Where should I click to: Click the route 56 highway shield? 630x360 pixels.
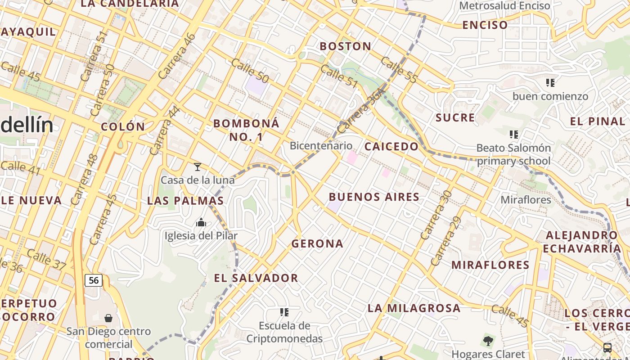click(94, 280)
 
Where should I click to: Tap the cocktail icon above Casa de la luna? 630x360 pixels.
click(198, 167)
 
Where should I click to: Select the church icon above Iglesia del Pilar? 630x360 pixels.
click(201, 222)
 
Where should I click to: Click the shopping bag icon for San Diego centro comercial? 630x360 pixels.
click(108, 318)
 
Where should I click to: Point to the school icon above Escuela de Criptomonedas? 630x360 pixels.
click(284, 312)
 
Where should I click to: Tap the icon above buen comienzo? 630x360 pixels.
click(550, 83)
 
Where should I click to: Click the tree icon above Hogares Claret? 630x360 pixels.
click(488, 341)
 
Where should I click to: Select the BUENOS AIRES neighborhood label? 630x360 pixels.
click(374, 197)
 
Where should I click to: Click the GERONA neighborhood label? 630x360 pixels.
click(317, 243)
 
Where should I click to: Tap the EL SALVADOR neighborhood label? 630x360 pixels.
click(256, 278)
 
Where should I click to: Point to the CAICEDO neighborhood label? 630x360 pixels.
click(391, 147)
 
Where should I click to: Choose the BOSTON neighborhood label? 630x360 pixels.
click(345, 46)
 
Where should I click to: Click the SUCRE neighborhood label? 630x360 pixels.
click(455, 118)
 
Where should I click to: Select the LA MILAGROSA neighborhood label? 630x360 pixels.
click(414, 308)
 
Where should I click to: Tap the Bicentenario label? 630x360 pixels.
click(321, 145)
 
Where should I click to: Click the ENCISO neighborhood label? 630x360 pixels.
click(485, 25)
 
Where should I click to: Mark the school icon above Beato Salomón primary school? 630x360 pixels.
click(513, 134)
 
